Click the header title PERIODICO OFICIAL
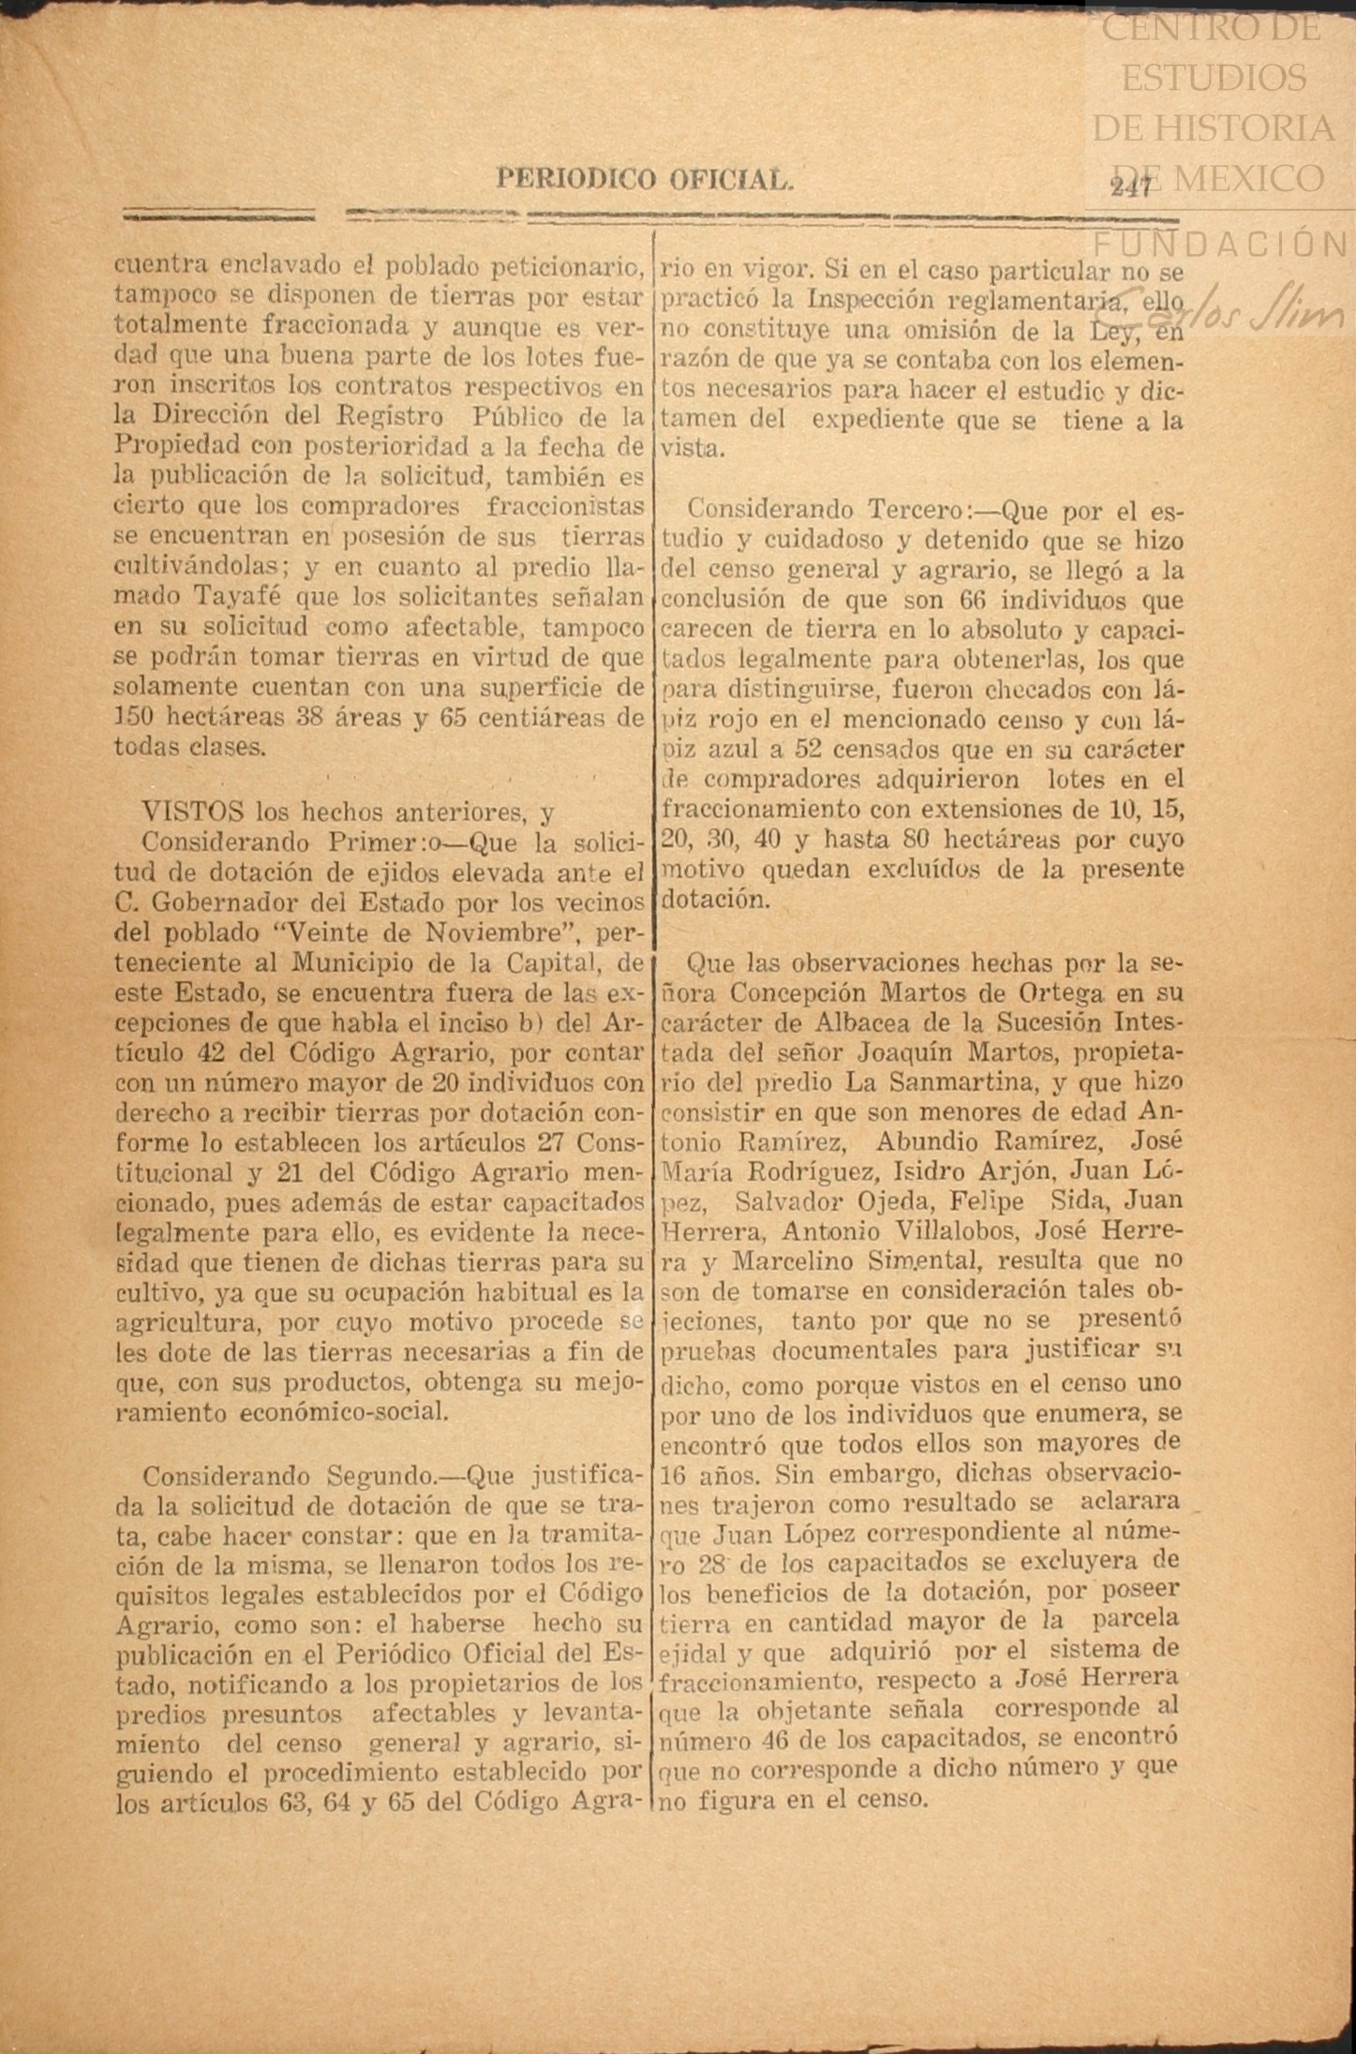(645, 178)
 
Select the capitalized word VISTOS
(192, 811)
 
